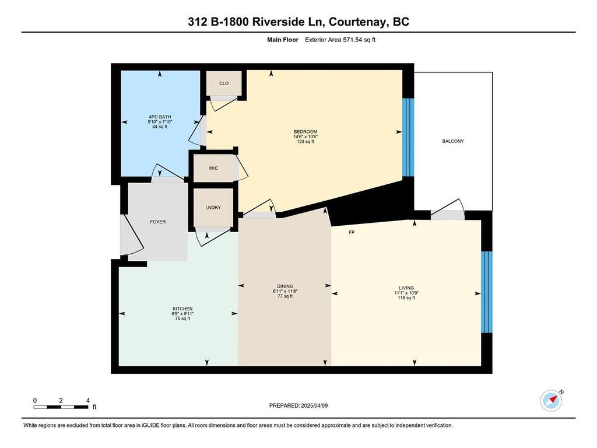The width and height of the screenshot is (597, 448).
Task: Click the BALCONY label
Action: pyautogui.click(x=452, y=141)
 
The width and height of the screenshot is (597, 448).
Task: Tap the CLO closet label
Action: pyautogui.click(x=224, y=83)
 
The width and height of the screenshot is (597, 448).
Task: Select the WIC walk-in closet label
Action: pyautogui.click(x=213, y=168)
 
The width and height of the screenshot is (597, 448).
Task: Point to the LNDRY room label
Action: pyautogui.click(x=213, y=208)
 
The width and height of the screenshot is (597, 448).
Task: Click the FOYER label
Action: pyautogui.click(x=157, y=222)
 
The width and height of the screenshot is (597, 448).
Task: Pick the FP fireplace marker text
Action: pyautogui.click(x=352, y=232)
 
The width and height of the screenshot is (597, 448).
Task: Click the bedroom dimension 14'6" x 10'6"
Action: pyautogui.click(x=305, y=136)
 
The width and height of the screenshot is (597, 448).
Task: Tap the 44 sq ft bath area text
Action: pyautogui.click(x=160, y=127)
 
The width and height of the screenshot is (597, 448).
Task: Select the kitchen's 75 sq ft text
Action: pyautogui.click(x=182, y=318)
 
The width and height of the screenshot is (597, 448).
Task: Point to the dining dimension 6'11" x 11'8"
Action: pyautogui.click(x=285, y=291)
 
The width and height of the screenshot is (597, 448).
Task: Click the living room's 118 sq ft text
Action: pyautogui.click(x=406, y=298)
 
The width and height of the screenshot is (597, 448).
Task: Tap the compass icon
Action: pyautogui.click(x=551, y=400)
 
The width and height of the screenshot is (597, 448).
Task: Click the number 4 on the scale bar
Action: pyautogui.click(x=88, y=400)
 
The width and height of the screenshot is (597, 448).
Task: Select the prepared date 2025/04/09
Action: pyautogui.click(x=314, y=406)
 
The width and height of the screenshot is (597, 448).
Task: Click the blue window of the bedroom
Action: pyautogui.click(x=408, y=138)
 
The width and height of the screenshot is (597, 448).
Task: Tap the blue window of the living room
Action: pyautogui.click(x=487, y=292)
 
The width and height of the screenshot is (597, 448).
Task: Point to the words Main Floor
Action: pyautogui.click(x=283, y=40)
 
